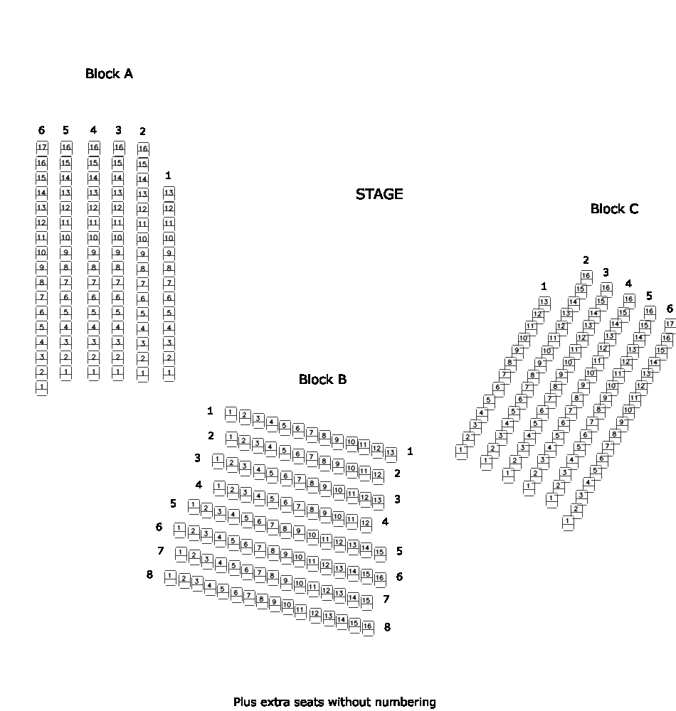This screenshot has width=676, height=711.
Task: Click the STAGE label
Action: [x=379, y=194]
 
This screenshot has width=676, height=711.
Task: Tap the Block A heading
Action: [x=109, y=74]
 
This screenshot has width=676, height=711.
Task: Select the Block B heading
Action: [x=322, y=380]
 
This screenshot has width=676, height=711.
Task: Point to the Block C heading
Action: [x=614, y=209]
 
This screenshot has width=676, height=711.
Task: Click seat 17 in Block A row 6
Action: [x=42, y=147]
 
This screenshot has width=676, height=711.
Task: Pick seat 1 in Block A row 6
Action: [x=41, y=387]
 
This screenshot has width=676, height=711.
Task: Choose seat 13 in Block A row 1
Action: [x=169, y=193]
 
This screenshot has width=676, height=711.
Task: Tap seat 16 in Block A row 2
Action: [x=142, y=149]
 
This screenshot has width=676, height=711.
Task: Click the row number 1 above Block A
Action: [x=168, y=175]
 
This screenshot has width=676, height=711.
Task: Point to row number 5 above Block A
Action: [x=65, y=130]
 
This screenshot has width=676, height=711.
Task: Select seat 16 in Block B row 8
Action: [x=367, y=626]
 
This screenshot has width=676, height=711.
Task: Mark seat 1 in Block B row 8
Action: [x=170, y=576]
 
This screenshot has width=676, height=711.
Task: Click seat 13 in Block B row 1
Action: [x=391, y=452]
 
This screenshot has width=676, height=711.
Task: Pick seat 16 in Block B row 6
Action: [x=380, y=577]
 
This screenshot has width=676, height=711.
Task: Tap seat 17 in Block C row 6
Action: [x=670, y=324]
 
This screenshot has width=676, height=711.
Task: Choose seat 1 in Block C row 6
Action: [x=568, y=521]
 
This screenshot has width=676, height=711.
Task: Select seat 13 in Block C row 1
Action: [x=544, y=301]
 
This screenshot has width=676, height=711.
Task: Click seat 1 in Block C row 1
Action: [x=462, y=449]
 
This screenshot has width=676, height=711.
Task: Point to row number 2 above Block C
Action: [x=586, y=260]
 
